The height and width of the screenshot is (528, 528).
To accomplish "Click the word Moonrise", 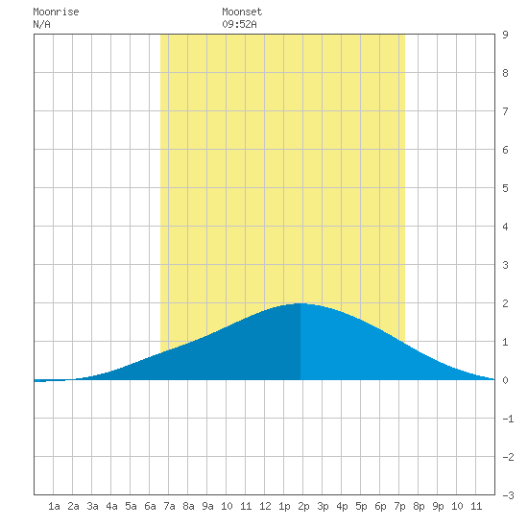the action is pos(56,12).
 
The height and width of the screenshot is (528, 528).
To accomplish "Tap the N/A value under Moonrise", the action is pos(41,24).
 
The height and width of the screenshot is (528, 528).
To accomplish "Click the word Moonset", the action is pos(242,12).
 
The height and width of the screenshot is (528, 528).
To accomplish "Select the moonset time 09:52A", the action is pos(239,24).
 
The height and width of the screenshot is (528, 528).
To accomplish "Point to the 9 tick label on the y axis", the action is pos(505,35).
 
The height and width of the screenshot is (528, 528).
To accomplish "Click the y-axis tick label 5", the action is pos(505,188).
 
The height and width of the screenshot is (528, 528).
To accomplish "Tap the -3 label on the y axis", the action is pos(508,495).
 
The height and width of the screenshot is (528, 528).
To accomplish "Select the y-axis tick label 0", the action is pos(505,380).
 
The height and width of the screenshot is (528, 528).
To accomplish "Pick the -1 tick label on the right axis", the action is pos(508,419).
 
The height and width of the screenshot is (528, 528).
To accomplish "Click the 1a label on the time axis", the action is pos(54,506).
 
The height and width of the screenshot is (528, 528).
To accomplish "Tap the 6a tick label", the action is pos(150,506).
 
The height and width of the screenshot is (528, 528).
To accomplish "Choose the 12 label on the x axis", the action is pos(265,506).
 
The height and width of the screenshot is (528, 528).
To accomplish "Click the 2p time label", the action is pos(303,506).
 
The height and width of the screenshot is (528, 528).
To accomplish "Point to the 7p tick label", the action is pos(399,506).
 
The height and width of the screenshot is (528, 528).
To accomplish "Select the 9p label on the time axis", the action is pos(438,506).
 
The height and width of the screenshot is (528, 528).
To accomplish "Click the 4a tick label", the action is pos(111,506).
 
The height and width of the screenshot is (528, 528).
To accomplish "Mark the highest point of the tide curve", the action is pos(300,303).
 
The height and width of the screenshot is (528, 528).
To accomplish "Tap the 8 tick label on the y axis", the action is pos(505,73).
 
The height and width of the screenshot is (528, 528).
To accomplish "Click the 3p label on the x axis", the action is pos(323,506).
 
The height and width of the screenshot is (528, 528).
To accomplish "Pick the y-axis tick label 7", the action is pos(505,111).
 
